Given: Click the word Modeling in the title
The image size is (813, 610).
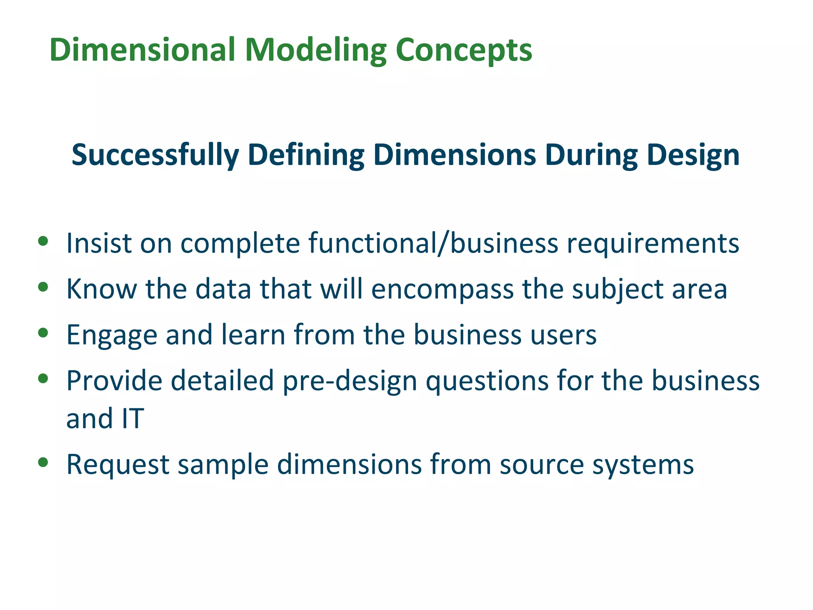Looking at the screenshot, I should [315, 50].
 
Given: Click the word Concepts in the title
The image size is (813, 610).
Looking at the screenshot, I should [464, 50].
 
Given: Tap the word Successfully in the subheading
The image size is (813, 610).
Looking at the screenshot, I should [155, 155].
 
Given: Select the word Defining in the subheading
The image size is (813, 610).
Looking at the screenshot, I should [306, 155].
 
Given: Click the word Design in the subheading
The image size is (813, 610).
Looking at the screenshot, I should [693, 155].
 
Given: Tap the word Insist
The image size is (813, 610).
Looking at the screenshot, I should [99, 243].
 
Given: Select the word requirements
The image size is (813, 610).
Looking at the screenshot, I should [653, 243].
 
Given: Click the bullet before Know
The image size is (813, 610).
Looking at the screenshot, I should [43, 287].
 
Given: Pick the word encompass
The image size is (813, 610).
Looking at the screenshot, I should [442, 289].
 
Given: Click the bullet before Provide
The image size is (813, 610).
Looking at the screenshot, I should [43, 378].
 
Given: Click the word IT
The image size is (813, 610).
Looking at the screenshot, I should [133, 419].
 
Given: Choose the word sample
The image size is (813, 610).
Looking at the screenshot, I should [223, 465].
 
